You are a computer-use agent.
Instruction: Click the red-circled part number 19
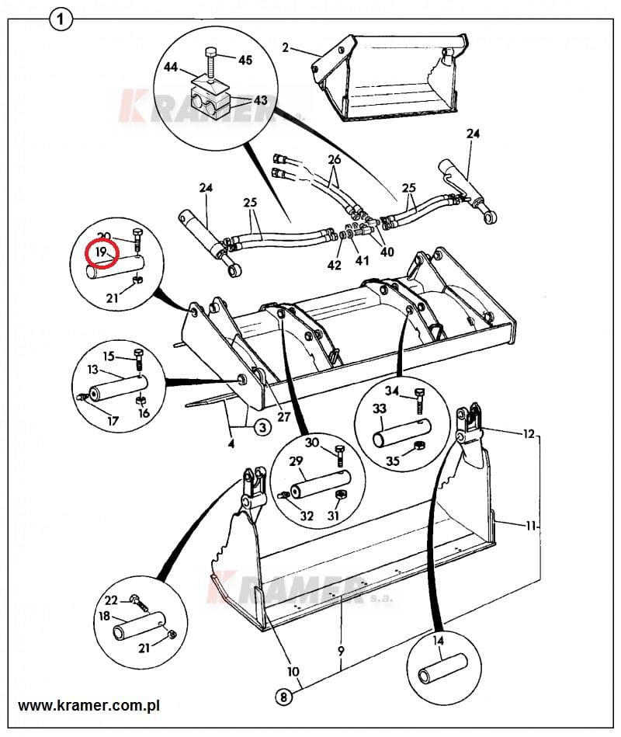[x=101, y=252]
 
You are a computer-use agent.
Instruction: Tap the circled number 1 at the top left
[x=60, y=21]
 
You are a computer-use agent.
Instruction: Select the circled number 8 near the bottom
[x=283, y=697]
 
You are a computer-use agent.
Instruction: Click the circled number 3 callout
[x=262, y=427]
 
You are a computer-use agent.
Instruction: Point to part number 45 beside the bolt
[x=245, y=60]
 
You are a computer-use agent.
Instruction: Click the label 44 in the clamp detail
[x=171, y=67]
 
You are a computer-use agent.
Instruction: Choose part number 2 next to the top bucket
[x=286, y=47]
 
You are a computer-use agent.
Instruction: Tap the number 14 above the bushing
[x=438, y=640]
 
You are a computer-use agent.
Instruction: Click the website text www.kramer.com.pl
[x=88, y=705]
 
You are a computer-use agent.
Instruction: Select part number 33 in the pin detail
[x=379, y=408]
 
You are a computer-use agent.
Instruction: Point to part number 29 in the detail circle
[x=296, y=461]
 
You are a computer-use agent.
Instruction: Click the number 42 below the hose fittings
[x=334, y=265]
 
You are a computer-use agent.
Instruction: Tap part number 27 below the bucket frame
[x=283, y=417]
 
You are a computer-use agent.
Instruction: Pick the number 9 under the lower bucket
[x=341, y=651]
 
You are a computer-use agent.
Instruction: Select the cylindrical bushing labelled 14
[x=443, y=669]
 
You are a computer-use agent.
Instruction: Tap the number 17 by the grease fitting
[x=113, y=421]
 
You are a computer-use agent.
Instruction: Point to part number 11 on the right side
[x=530, y=526]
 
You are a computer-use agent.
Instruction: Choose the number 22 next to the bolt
[x=111, y=600]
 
